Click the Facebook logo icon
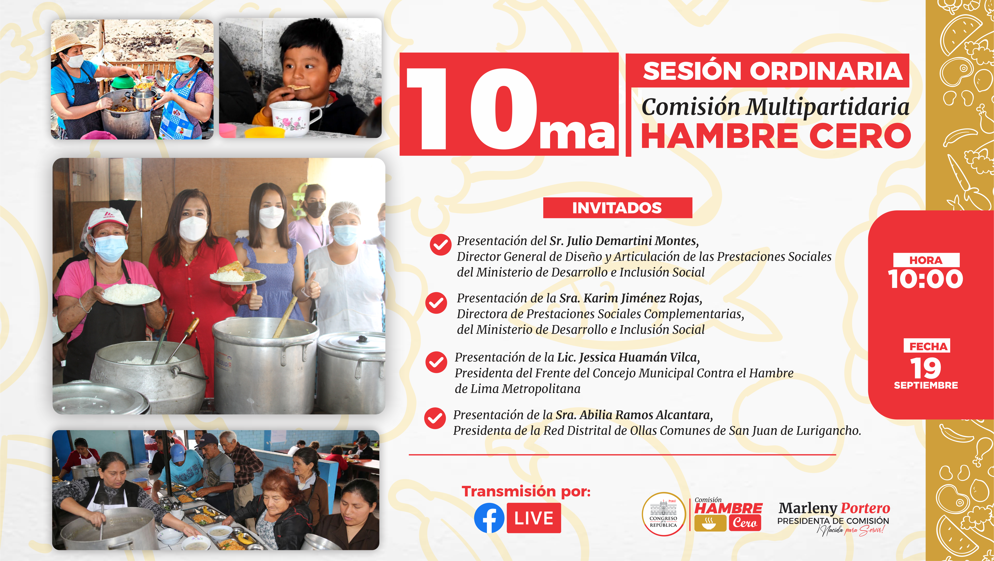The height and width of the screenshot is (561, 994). click(x=489, y=518)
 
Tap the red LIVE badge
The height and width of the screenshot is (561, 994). click(x=534, y=518)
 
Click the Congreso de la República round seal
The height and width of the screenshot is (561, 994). click(x=663, y=514)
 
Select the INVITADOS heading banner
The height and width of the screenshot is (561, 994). click(x=617, y=208)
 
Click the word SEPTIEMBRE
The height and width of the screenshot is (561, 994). click(x=926, y=385)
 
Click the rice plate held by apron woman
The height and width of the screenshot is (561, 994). click(x=131, y=294)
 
